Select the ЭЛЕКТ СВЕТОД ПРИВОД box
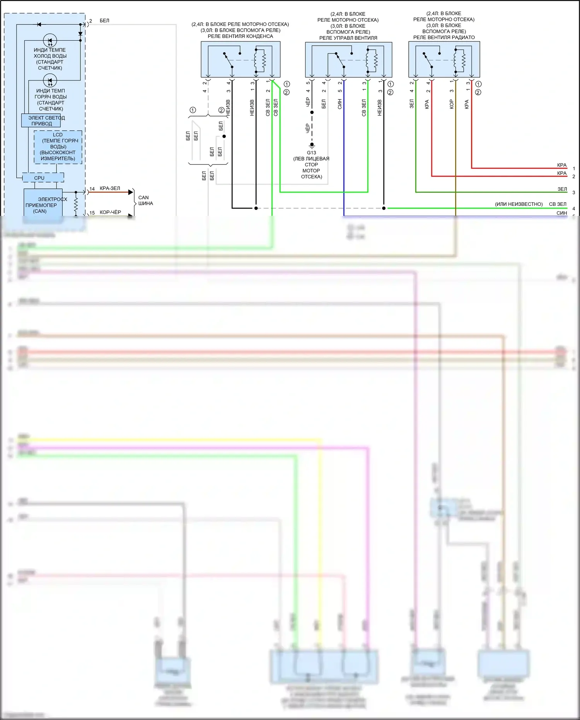(41, 121)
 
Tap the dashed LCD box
(58, 147)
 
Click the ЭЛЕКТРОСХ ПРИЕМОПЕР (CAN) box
(43, 205)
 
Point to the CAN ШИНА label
(145, 200)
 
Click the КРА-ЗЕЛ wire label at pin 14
(110, 188)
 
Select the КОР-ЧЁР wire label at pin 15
(110, 212)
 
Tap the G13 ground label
(311, 153)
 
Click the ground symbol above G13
(312, 145)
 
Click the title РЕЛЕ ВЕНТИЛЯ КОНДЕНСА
(240, 36)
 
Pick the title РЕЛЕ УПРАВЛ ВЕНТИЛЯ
(348, 38)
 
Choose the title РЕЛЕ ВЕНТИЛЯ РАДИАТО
(444, 38)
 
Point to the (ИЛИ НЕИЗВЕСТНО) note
(519, 204)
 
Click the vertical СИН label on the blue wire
(339, 104)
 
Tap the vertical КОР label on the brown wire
(451, 104)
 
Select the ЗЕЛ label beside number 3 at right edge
(562, 189)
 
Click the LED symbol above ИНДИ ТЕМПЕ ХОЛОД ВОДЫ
(50, 41)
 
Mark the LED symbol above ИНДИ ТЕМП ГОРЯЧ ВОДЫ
(50, 81)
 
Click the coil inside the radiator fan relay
(463, 60)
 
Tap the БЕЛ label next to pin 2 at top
(104, 21)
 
